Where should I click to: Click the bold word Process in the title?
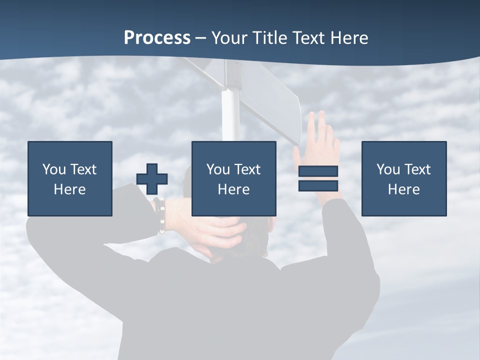tap(157, 38)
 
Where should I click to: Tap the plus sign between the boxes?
tap(152, 179)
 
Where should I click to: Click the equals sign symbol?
tap(318, 178)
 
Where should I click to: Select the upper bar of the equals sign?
tap(318, 171)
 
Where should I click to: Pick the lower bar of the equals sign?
tap(318, 186)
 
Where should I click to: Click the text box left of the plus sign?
tap(69, 178)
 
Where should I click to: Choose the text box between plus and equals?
tap(233, 178)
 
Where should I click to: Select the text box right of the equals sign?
tap(403, 178)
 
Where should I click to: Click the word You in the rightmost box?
tap(388, 169)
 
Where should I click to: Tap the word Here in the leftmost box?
tap(69, 189)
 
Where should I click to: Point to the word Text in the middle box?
tap(248, 169)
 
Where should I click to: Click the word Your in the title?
tap(230, 38)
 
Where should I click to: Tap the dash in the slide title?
tap(201, 38)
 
